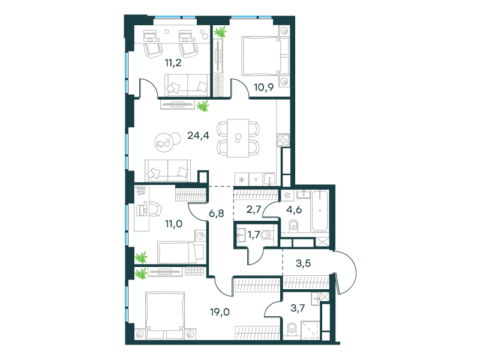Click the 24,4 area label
(198, 135)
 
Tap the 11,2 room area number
(173, 63)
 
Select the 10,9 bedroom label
(263, 87)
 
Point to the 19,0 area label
(220, 312)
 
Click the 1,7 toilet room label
(254, 235)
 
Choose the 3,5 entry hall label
(304, 263)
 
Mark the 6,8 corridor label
(217, 213)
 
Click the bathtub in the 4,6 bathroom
(320, 211)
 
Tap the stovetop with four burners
(283, 140)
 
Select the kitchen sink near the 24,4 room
(269, 179)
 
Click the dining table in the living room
(238, 138)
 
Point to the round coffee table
(164, 142)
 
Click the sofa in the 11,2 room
(187, 85)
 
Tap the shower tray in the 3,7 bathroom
(310, 330)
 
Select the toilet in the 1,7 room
(266, 235)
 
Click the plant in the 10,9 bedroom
(220, 32)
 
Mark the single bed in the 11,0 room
(181, 252)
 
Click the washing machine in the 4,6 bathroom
(287, 195)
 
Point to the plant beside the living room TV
(203, 106)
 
